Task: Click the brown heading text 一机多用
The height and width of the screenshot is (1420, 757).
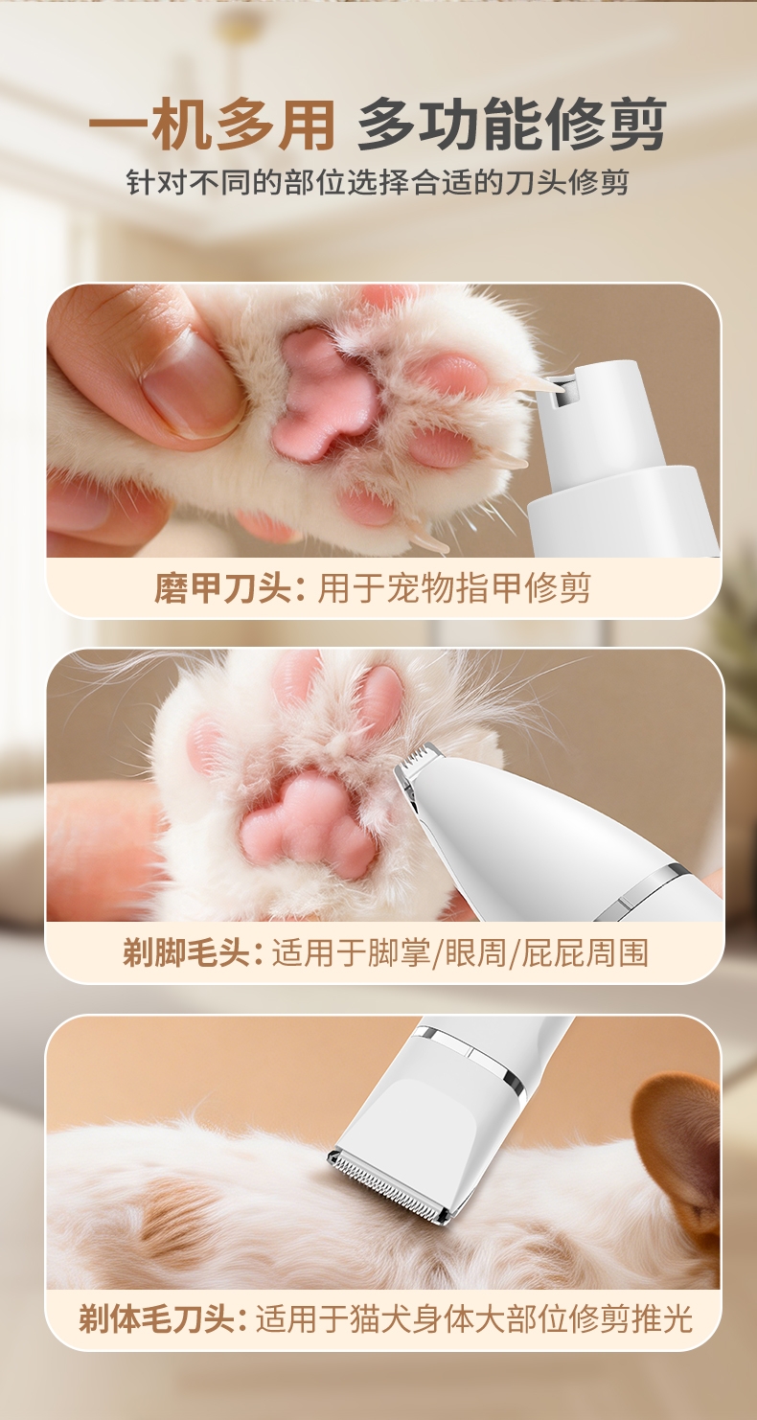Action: tap(212, 125)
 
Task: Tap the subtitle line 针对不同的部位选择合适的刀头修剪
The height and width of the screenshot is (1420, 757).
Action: tap(378, 182)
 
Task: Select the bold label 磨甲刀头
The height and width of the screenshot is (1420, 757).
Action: tap(222, 587)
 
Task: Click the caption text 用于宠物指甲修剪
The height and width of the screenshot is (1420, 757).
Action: tap(454, 587)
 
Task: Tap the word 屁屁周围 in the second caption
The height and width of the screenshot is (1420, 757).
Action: tap(585, 952)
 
